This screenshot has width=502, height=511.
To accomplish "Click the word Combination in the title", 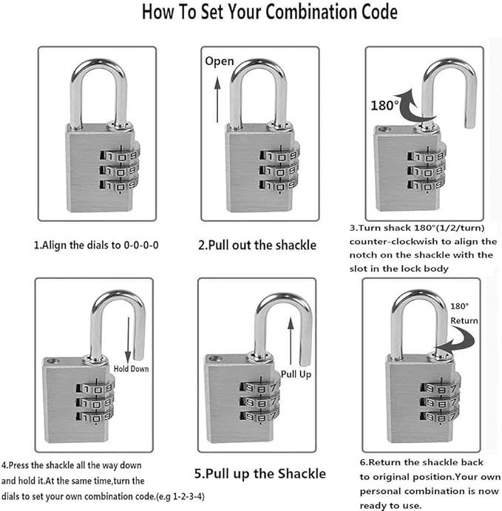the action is coord(311,12).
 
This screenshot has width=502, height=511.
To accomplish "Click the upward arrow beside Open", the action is coord(217,100).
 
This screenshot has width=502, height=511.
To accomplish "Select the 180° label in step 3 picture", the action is coord(384,106).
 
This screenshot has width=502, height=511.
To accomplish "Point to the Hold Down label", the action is coord(131,369).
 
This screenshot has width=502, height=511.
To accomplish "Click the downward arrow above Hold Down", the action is coord(128,340).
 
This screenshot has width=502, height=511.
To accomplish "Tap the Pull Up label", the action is coord(296,374).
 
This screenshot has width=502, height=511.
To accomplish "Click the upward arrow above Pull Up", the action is coord(291,341).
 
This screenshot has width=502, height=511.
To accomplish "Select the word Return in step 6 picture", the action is coord(464,321).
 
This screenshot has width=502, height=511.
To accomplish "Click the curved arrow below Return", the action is coord(456,341).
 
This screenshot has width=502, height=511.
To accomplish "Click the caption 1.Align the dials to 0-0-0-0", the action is coord(96,245).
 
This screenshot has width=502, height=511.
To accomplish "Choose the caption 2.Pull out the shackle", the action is coord(257,245).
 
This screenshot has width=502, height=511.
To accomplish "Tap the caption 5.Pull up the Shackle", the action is coord(260,474).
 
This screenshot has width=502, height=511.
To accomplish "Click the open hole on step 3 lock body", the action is coord(385,129).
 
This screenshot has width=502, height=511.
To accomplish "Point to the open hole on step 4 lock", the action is coord(53,361).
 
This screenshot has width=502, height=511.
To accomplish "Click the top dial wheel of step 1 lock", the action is coord(120,156).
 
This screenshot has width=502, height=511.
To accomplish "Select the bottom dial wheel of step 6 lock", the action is coord(441,416).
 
